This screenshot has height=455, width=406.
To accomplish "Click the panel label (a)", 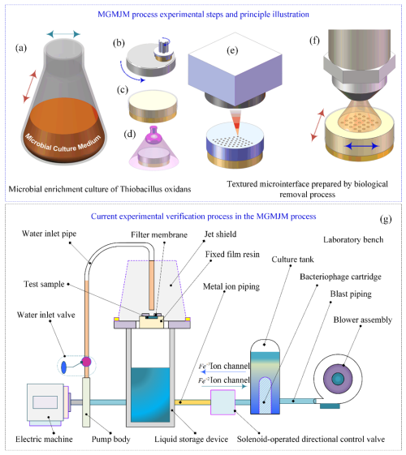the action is pyautogui.click(x=21, y=48).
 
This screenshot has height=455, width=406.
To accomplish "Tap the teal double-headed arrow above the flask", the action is pyautogui.click(x=63, y=34).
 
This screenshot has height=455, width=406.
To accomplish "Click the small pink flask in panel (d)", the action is pyautogui.click(x=153, y=135).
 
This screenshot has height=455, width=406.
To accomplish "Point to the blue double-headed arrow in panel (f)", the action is pyautogui.click(x=362, y=146).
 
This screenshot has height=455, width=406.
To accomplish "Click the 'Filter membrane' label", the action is pyautogui.click(x=159, y=234).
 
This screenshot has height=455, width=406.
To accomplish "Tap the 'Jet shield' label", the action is pyautogui.click(x=220, y=234).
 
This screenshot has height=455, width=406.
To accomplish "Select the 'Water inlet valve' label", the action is pyautogui.click(x=46, y=315).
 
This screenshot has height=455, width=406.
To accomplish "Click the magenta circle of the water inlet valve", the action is pyautogui.click(x=86, y=362).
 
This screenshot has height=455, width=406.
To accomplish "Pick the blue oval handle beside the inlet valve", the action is pyautogui.click(x=64, y=367).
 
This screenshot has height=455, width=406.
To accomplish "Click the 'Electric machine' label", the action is pyautogui.click(x=44, y=439).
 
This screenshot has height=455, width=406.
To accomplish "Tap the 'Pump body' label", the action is pyautogui.click(x=111, y=440).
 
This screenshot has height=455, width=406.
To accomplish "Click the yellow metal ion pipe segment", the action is pyautogui.click(x=192, y=402).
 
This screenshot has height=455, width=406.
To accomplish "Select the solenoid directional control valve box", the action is pyautogui.click(x=222, y=402).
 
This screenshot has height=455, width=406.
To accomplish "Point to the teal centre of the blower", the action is pyautogui.click(x=338, y=379).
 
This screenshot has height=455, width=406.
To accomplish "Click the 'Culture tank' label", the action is pyautogui.click(x=292, y=260).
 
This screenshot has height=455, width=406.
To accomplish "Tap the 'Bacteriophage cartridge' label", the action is pyautogui.click(x=340, y=277).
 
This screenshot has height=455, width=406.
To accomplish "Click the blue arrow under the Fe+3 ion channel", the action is pyautogui.click(x=225, y=372).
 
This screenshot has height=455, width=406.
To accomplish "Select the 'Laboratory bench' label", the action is pyautogui.click(x=353, y=240).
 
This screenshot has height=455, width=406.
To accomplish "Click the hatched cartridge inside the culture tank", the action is pyautogui.click(x=265, y=395).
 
